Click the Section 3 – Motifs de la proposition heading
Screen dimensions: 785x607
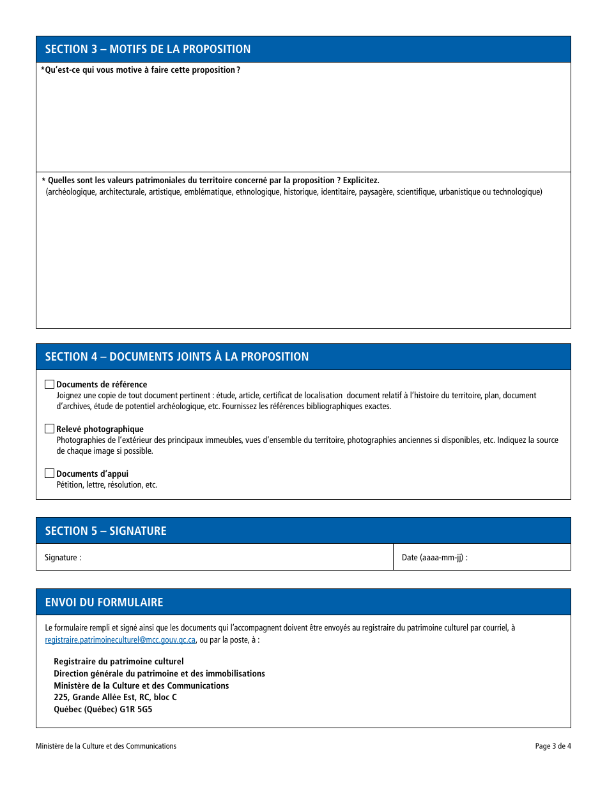148,49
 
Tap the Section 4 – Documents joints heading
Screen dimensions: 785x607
176,357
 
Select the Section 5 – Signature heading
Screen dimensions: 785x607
105,531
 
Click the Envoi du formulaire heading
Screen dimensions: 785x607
104,602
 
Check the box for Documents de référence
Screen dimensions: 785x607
49,384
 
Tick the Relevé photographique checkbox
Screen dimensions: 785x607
49,429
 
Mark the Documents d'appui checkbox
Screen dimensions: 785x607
49,474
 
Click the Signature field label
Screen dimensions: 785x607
63,558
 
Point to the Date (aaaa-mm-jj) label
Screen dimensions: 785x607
434,558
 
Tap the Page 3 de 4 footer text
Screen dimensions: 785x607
553,746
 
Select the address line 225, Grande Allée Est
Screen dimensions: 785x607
115,698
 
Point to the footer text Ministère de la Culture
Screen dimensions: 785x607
106,746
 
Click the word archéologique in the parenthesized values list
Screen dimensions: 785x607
72,192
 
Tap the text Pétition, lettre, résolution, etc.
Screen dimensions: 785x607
107,485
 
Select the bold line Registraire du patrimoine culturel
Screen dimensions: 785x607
118,662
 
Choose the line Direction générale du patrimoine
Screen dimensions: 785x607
159,674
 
